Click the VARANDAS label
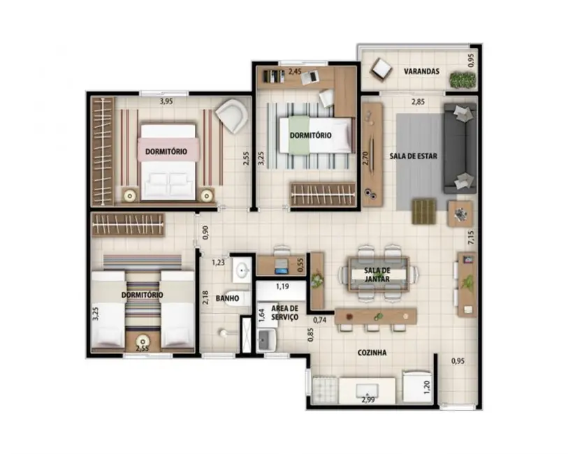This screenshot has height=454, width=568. click(x=421, y=71)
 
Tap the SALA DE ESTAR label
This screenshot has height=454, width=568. click(x=413, y=156)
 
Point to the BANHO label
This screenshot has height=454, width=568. click(x=228, y=298)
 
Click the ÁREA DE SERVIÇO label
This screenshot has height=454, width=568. click(x=284, y=312)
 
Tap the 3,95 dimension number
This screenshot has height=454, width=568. click(x=166, y=101)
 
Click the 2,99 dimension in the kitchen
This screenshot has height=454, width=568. click(x=368, y=399)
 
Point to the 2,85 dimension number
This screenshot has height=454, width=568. click(x=417, y=102)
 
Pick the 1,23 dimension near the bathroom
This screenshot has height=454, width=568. click(x=219, y=263)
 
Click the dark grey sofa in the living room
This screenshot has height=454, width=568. click(x=460, y=148)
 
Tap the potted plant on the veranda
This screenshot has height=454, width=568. click(x=462, y=80)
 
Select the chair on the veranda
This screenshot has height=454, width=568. click(x=382, y=68)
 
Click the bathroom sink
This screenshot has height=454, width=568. click(x=242, y=269)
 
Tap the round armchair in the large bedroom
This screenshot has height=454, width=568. click(x=231, y=114)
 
